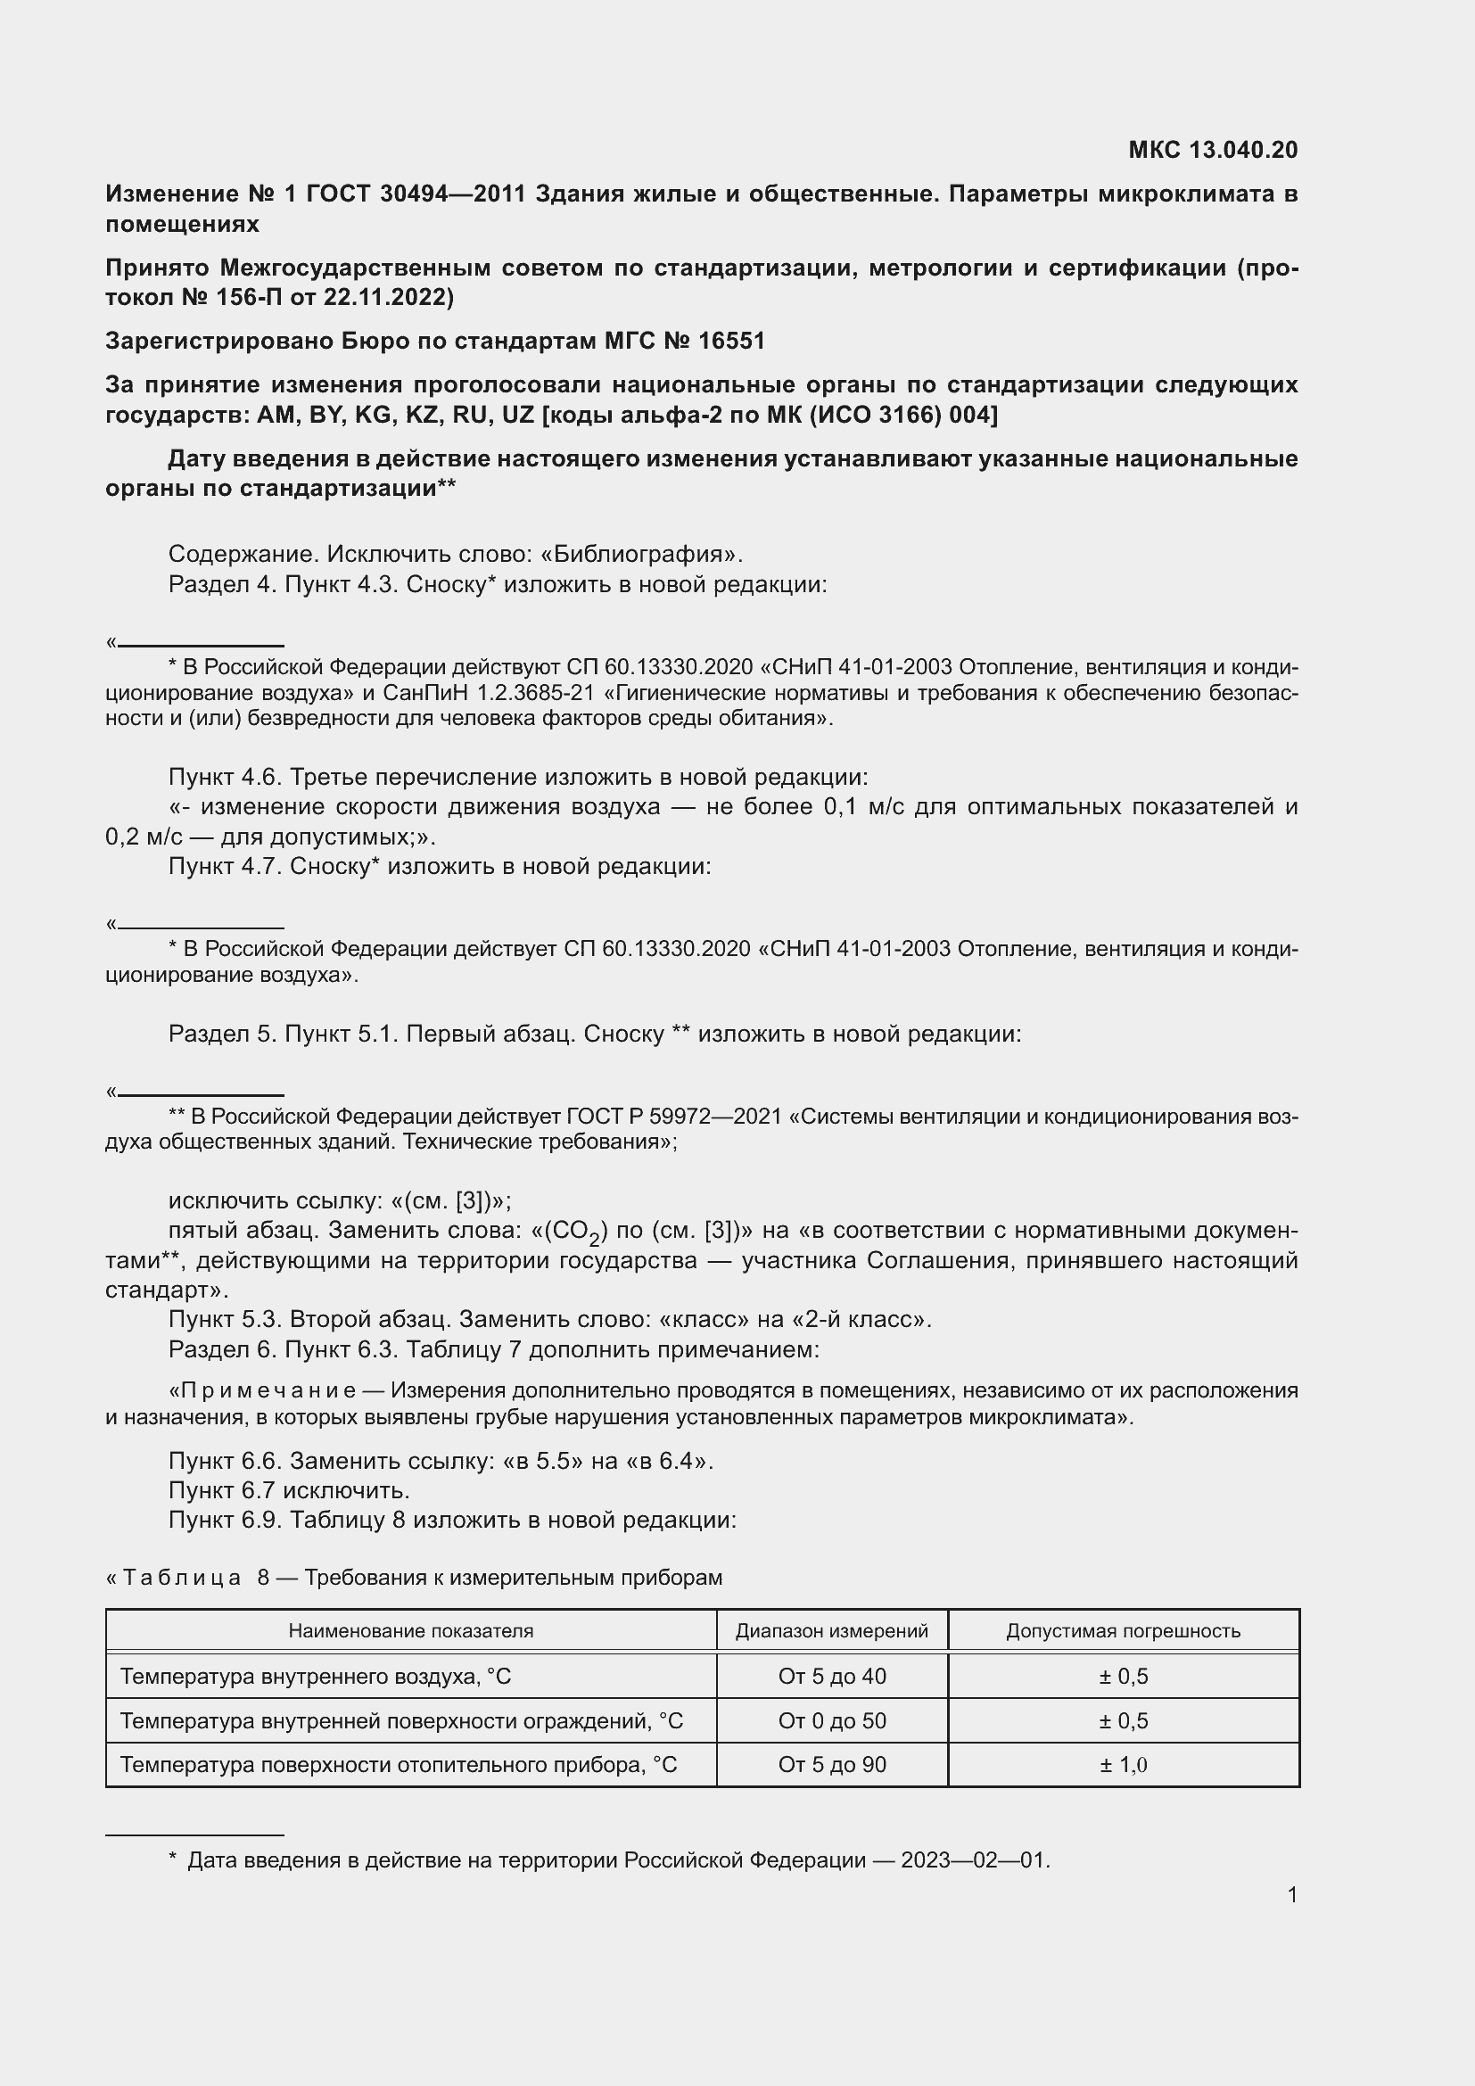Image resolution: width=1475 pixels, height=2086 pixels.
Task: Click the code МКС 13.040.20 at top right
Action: tap(1213, 150)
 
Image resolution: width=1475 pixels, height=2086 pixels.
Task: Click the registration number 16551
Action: tap(731, 341)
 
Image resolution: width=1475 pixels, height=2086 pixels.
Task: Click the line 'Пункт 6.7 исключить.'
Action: tap(289, 1490)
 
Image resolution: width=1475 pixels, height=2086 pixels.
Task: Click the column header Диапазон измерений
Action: tap(831, 1631)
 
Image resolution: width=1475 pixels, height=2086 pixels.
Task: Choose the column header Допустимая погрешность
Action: tap(1123, 1631)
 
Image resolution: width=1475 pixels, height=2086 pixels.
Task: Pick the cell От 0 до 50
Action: tap(831, 1720)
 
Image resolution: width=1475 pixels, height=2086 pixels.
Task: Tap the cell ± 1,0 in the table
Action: tap(1123, 1764)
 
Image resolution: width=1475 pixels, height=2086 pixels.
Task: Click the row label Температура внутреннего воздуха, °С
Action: tap(315, 1677)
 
